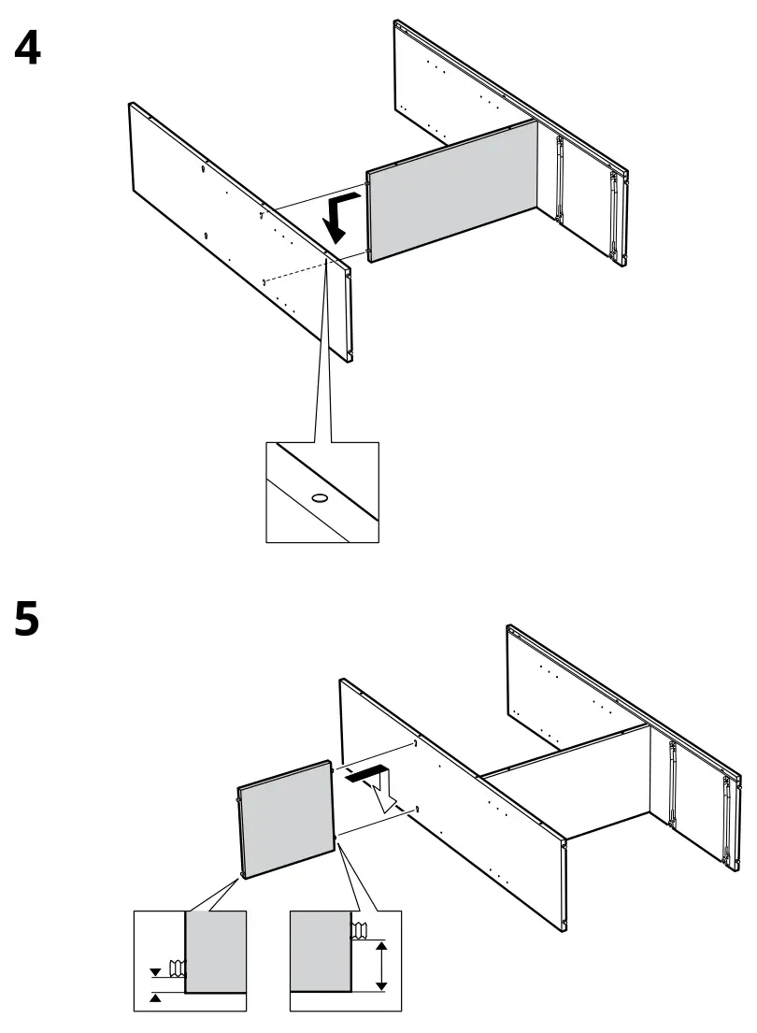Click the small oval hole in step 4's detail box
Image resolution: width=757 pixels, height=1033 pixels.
(320, 498)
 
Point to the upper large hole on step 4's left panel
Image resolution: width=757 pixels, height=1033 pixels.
(203, 170)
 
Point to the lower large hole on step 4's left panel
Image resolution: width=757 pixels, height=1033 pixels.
(205, 234)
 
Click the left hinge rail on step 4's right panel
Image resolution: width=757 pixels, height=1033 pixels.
(559, 179)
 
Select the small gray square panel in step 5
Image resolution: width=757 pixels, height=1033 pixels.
(287, 819)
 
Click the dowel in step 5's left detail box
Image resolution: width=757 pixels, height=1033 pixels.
(175, 967)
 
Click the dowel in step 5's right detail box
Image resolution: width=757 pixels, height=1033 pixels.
(360, 929)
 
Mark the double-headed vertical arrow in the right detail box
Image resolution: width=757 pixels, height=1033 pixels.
(381, 967)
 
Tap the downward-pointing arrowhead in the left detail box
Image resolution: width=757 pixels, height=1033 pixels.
(155, 972)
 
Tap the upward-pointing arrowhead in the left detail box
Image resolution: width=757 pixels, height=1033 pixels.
(155, 998)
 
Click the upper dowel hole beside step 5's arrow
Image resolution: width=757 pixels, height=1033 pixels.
(413, 744)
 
